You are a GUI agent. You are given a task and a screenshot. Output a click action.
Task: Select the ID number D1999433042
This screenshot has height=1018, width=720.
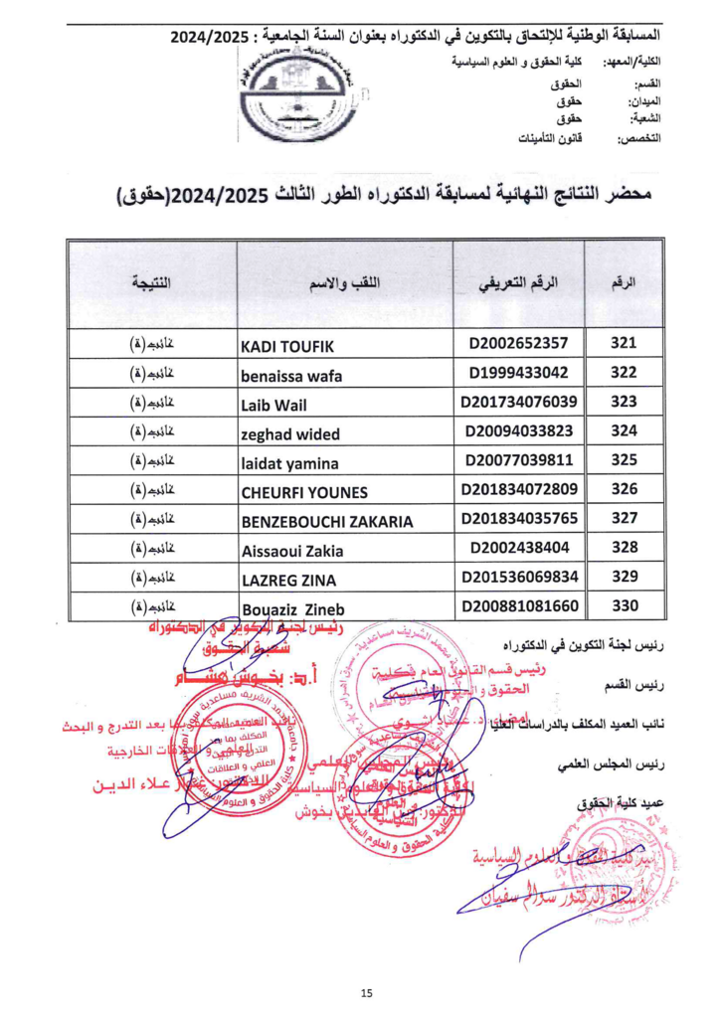coord(518,374)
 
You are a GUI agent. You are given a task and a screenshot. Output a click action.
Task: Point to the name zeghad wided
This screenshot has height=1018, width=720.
coord(290,433)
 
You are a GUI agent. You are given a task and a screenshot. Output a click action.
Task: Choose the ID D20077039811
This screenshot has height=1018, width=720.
coord(518,461)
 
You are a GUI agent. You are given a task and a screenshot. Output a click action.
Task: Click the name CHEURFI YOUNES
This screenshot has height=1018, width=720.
coord(304,492)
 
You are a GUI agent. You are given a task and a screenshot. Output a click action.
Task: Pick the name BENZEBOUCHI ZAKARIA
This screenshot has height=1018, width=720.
coord(327,521)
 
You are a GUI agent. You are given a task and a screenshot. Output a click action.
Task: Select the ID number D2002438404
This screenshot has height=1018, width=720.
coord(518,547)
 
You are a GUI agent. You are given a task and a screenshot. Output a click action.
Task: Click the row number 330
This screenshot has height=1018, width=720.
coord(623,605)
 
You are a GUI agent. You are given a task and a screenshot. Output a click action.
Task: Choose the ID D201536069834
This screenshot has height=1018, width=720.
coord(518,577)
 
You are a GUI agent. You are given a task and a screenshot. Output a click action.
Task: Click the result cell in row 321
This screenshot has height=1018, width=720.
coord(151,346)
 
